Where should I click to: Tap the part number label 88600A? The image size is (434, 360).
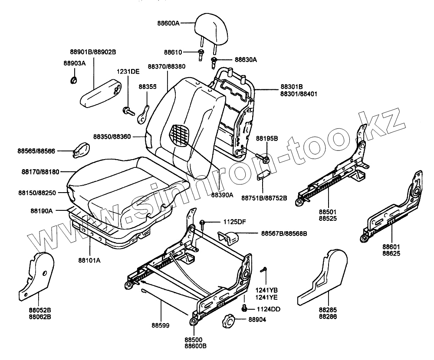[x=168, y=23]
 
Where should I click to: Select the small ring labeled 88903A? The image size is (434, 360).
[x=74, y=79]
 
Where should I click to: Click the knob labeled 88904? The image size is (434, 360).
[x=228, y=322]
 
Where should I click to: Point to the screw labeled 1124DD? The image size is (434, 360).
[x=244, y=308]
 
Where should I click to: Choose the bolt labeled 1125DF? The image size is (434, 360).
[x=202, y=224]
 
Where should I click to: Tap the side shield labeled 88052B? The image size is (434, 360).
[x=37, y=275]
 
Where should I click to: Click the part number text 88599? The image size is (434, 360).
[x=160, y=324]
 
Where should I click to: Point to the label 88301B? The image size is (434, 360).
[x=291, y=86]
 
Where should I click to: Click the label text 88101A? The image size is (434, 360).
[x=89, y=260]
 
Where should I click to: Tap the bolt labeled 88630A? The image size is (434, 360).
[x=215, y=61]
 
